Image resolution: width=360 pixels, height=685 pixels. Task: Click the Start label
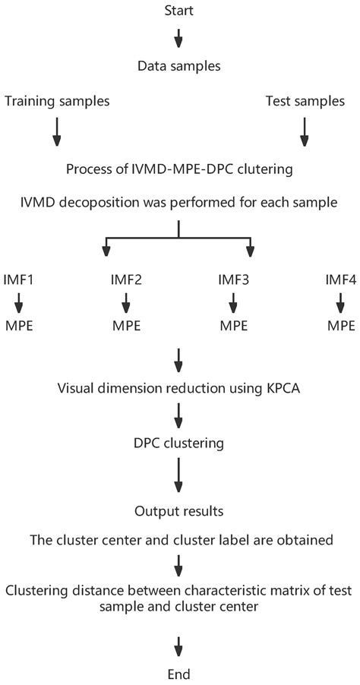click(x=179, y=11)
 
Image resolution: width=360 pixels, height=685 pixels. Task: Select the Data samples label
click(x=179, y=66)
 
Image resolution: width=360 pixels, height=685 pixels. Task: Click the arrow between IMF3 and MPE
click(x=233, y=305)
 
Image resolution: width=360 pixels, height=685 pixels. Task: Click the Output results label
click(x=179, y=513)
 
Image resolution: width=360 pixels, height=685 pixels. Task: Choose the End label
click(x=179, y=673)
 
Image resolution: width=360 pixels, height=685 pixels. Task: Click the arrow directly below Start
click(x=179, y=37)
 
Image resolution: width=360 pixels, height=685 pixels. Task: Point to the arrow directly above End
click(x=179, y=646)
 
